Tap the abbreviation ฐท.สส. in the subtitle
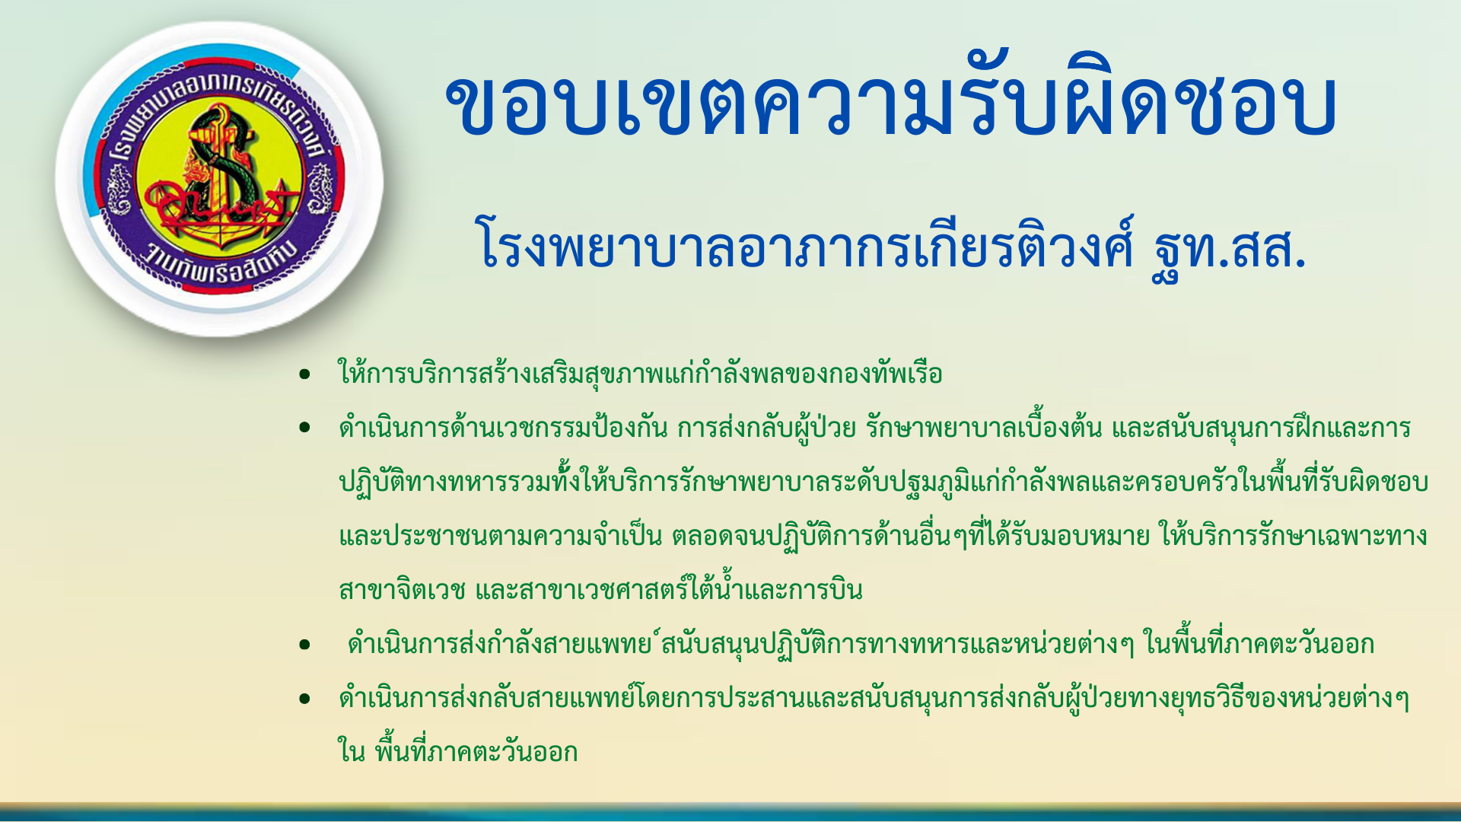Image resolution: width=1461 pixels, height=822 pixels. pyautogui.click(x=1229, y=246)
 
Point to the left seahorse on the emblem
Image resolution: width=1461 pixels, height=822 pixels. pyautogui.click(x=119, y=190)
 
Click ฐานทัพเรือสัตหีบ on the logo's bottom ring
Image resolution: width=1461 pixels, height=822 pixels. pyautogui.click(x=221, y=263)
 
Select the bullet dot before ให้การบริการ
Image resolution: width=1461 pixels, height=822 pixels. pyautogui.click(x=305, y=374)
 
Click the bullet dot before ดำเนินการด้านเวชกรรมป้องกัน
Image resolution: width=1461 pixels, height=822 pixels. pyautogui.click(x=305, y=428)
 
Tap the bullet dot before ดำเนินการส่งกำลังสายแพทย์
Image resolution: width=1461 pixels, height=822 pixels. pyautogui.click(x=305, y=645)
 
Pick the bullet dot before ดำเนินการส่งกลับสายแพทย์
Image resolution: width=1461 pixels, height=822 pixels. pyautogui.click(x=305, y=699)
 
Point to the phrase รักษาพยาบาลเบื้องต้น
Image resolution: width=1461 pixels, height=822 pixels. pyautogui.click(x=984, y=428)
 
